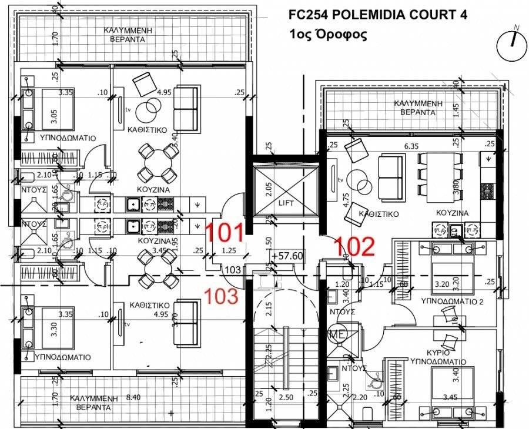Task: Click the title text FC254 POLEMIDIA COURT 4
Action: [376, 15]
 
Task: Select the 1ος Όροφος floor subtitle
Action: [329, 35]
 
